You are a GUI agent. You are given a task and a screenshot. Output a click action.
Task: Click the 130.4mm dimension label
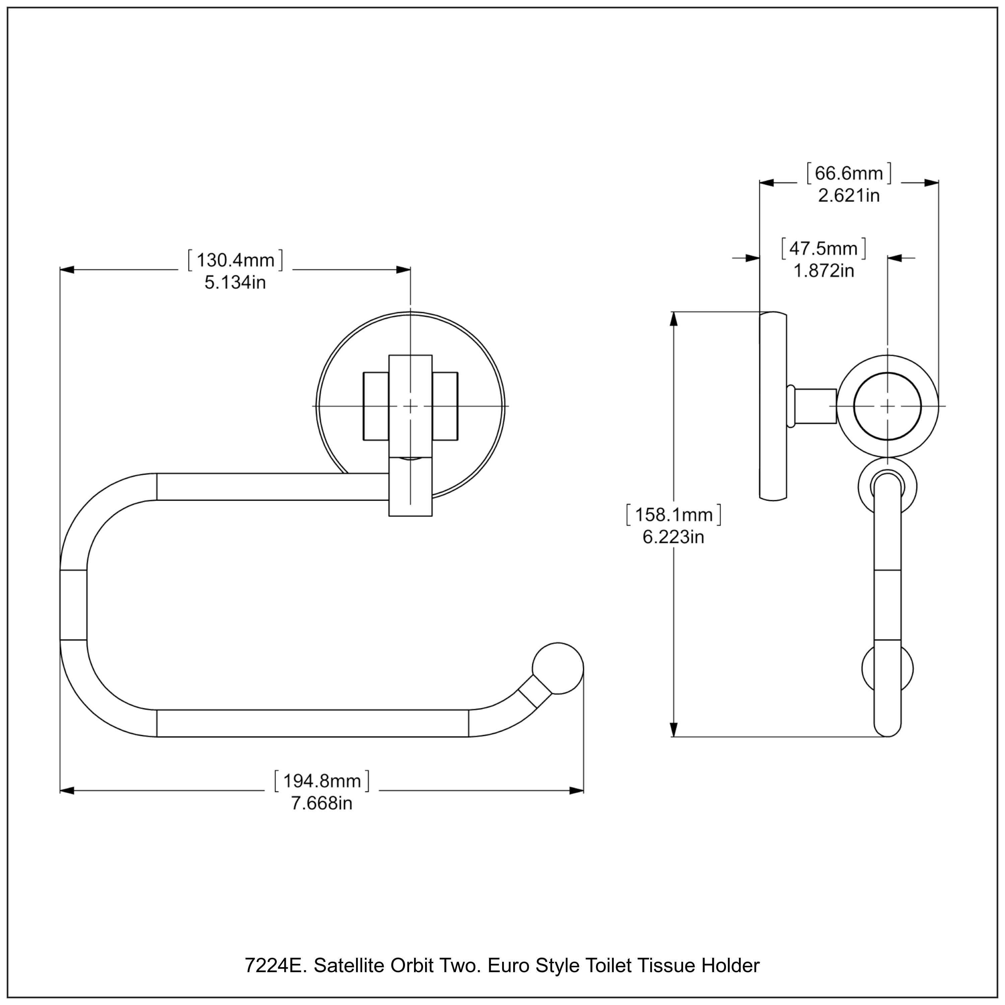coord(235,260)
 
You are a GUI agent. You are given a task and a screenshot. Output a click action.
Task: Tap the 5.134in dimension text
coord(235,282)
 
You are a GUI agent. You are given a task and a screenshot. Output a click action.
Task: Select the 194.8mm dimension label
coord(322,781)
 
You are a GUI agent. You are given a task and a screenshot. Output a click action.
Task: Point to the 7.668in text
coord(322,803)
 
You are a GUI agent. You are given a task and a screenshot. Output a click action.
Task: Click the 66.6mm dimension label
coord(849,173)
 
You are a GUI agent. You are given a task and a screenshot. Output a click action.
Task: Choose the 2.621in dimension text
coord(849,196)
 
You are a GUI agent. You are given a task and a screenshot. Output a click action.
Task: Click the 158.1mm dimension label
coord(674,515)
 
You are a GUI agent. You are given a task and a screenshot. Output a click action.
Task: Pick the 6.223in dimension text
coord(674,537)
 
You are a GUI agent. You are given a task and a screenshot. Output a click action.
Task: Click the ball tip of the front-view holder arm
coord(558,668)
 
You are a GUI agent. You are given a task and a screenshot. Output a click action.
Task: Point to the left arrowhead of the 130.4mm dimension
coord(67,270)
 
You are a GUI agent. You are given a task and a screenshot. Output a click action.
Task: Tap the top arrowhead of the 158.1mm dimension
coord(674,319)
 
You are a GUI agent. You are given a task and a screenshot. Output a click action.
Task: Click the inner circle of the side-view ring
coord(887,406)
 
